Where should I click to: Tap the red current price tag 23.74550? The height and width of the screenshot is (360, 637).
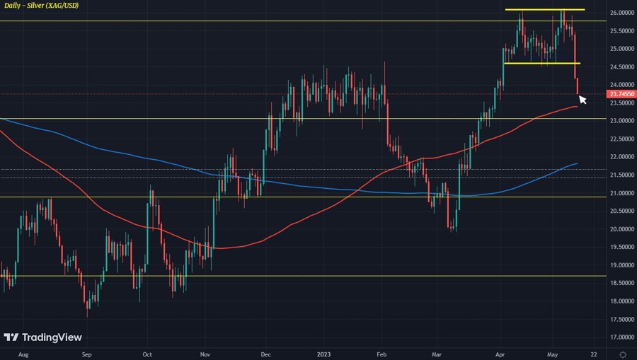[621, 93]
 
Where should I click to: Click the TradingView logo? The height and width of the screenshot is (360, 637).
[42, 337]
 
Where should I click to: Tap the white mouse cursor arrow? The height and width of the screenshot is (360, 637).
[583, 100]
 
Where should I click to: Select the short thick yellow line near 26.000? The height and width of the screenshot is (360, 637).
[544, 9]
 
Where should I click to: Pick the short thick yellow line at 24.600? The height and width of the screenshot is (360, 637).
[541, 63]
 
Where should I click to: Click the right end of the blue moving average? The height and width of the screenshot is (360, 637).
[577, 163]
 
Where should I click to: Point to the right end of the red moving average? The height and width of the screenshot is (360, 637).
[578, 107]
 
